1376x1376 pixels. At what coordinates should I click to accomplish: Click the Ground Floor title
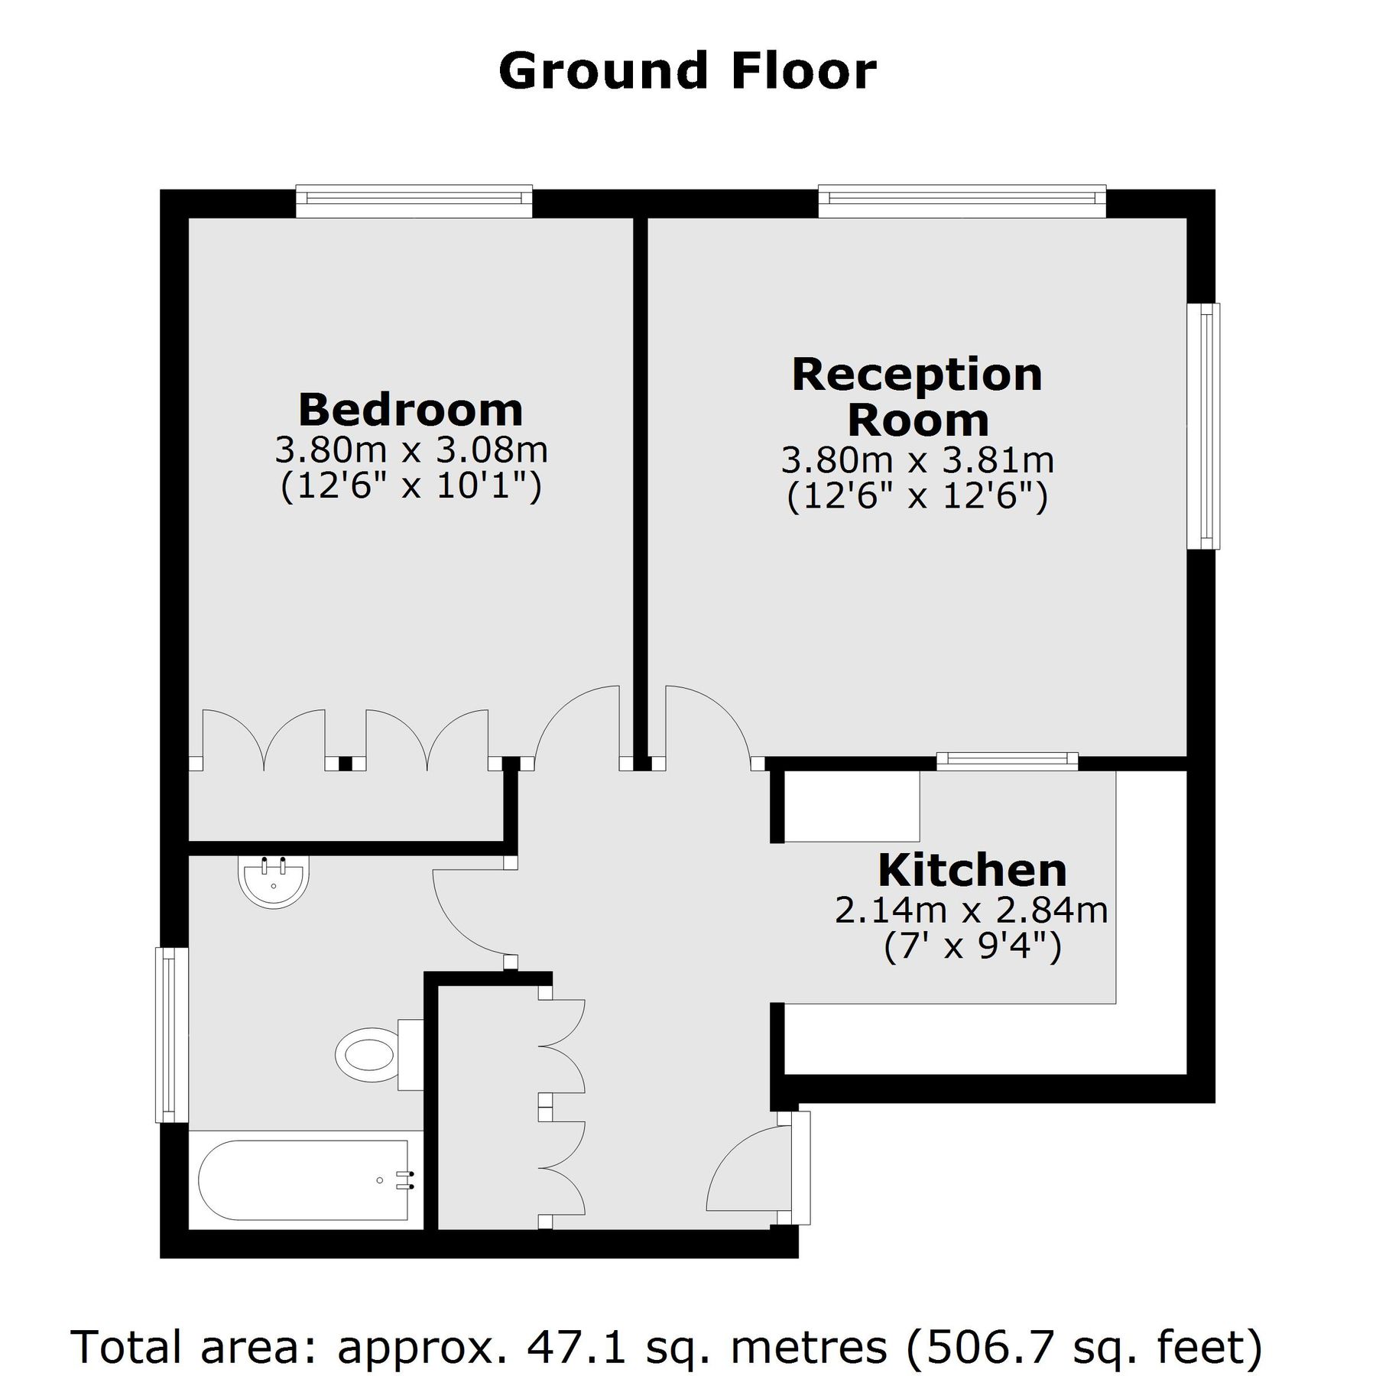click(686, 71)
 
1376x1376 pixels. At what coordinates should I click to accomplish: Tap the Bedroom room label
click(411, 410)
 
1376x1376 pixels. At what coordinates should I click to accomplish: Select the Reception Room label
click(917, 397)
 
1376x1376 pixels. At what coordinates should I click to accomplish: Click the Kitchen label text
click(972, 870)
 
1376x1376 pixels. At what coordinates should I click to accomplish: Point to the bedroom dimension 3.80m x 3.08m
click(411, 450)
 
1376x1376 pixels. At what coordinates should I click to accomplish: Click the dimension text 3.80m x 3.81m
click(917, 460)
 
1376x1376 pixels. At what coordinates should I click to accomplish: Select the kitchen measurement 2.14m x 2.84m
click(971, 910)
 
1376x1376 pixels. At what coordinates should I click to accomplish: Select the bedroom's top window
click(414, 200)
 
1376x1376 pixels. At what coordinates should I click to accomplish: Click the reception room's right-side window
click(1205, 426)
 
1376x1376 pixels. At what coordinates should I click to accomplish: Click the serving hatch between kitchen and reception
click(1006, 760)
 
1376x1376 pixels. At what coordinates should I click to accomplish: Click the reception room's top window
click(961, 200)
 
